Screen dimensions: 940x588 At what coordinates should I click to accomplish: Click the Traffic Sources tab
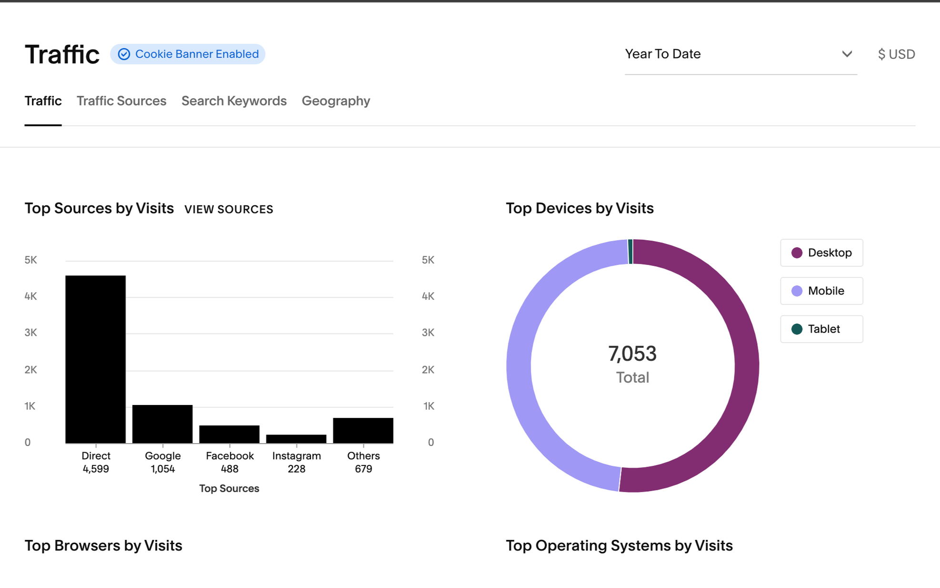pos(121,101)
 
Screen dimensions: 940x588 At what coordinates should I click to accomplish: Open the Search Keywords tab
pos(234,101)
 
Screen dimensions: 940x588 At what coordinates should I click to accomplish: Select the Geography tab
pos(336,101)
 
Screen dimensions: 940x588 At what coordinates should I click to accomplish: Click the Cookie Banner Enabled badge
pos(188,54)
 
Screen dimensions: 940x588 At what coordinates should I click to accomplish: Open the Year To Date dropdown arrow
pos(847,54)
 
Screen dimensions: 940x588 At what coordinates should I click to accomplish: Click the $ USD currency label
pos(896,54)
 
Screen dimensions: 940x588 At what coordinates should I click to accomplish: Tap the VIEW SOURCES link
pos(229,209)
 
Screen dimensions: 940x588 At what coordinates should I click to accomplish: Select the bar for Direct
pos(96,359)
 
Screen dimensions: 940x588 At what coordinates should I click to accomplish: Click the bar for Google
pos(162,424)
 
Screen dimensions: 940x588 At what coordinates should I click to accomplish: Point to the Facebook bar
pos(230,434)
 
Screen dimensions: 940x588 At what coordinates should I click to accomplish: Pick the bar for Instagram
pos(296,439)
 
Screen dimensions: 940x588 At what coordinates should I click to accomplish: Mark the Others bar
pos(363,431)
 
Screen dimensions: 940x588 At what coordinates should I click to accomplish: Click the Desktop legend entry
pos(821,253)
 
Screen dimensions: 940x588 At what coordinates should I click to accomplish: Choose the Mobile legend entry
pos(821,291)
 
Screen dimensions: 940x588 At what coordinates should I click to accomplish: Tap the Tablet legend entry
pos(821,329)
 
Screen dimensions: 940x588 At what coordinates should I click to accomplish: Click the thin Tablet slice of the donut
pos(630,252)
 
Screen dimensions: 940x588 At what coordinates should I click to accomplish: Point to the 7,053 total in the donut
pos(632,354)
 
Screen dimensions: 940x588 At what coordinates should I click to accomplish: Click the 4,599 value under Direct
pos(96,469)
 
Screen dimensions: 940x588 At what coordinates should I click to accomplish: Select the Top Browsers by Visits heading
pos(103,546)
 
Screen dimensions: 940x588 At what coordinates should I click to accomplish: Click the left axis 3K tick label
pos(30,333)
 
